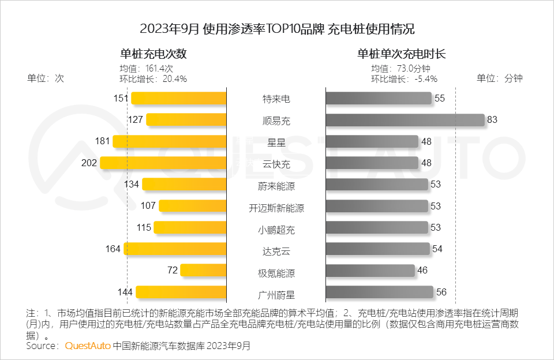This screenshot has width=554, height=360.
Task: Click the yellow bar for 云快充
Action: [163, 163]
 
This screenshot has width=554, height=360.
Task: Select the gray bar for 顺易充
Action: [405, 120]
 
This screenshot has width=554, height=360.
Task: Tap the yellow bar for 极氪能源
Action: [203, 270]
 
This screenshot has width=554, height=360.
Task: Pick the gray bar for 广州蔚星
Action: [379, 292]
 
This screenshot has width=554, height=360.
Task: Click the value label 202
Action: [89, 163]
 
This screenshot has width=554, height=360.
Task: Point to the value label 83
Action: [492, 120]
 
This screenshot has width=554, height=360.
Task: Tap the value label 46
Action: [422, 270]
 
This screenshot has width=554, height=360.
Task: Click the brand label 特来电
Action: [276, 99]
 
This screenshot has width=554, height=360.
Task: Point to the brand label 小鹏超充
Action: [276, 230]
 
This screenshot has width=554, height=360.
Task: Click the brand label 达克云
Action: [276, 251]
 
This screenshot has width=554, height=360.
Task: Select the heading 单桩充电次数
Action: [154, 54]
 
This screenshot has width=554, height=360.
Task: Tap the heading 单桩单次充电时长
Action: [401, 54]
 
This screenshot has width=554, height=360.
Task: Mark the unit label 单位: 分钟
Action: [499, 78]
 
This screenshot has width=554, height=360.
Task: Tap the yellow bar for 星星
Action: [170, 141]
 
